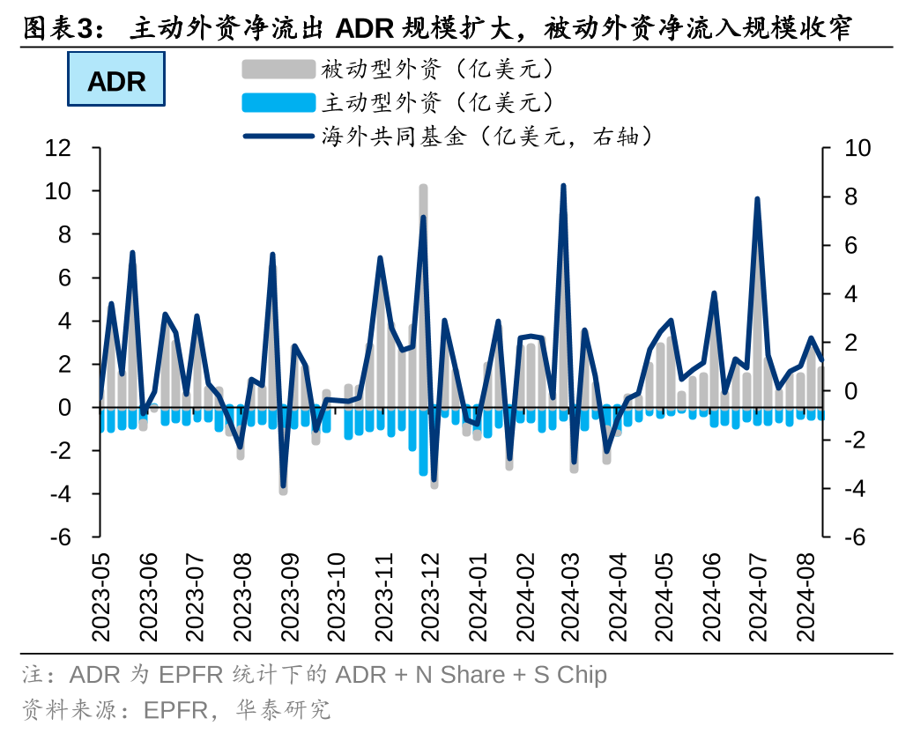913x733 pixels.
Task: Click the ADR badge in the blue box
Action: click(116, 81)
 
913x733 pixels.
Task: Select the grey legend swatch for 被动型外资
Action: click(278, 69)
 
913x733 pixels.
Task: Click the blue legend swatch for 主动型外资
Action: click(278, 103)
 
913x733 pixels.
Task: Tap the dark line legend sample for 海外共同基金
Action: click(278, 137)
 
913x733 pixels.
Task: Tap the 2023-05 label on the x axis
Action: click(100, 599)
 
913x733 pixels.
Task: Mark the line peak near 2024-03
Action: click(563, 186)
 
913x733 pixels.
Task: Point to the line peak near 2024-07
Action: click(757, 199)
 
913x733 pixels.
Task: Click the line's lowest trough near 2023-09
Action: click(283, 485)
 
